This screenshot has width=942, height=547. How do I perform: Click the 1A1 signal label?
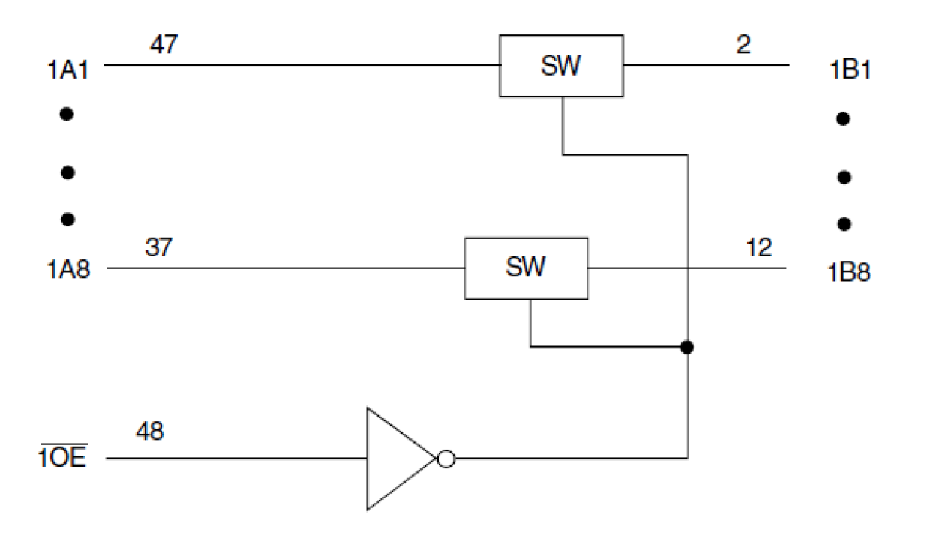(x=70, y=71)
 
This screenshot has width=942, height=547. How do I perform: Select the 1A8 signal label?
(x=68, y=269)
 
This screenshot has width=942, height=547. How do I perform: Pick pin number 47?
(x=163, y=45)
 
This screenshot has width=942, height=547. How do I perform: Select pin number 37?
(x=158, y=247)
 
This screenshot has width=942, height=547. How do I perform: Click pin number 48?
(x=150, y=432)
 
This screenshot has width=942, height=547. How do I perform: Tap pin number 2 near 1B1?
(x=742, y=45)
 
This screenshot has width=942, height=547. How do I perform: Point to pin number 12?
(x=759, y=247)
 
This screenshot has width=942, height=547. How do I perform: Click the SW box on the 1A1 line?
(x=561, y=66)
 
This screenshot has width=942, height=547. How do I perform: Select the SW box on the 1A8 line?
(x=526, y=268)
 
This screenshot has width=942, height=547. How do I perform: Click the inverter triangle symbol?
(x=396, y=459)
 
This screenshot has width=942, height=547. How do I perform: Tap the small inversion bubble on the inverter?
(x=445, y=459)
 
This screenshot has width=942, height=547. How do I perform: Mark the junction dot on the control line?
(x=685, y=347)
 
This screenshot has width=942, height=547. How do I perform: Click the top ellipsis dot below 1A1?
(x=67, y=115)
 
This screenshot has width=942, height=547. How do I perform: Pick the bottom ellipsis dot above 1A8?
(x=67, y=220)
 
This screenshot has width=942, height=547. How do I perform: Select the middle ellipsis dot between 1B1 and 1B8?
(x=844, y=178)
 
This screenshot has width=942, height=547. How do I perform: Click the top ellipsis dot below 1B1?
(x=844, y=118)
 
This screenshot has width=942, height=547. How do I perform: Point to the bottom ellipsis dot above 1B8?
(x=844, y=223)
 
